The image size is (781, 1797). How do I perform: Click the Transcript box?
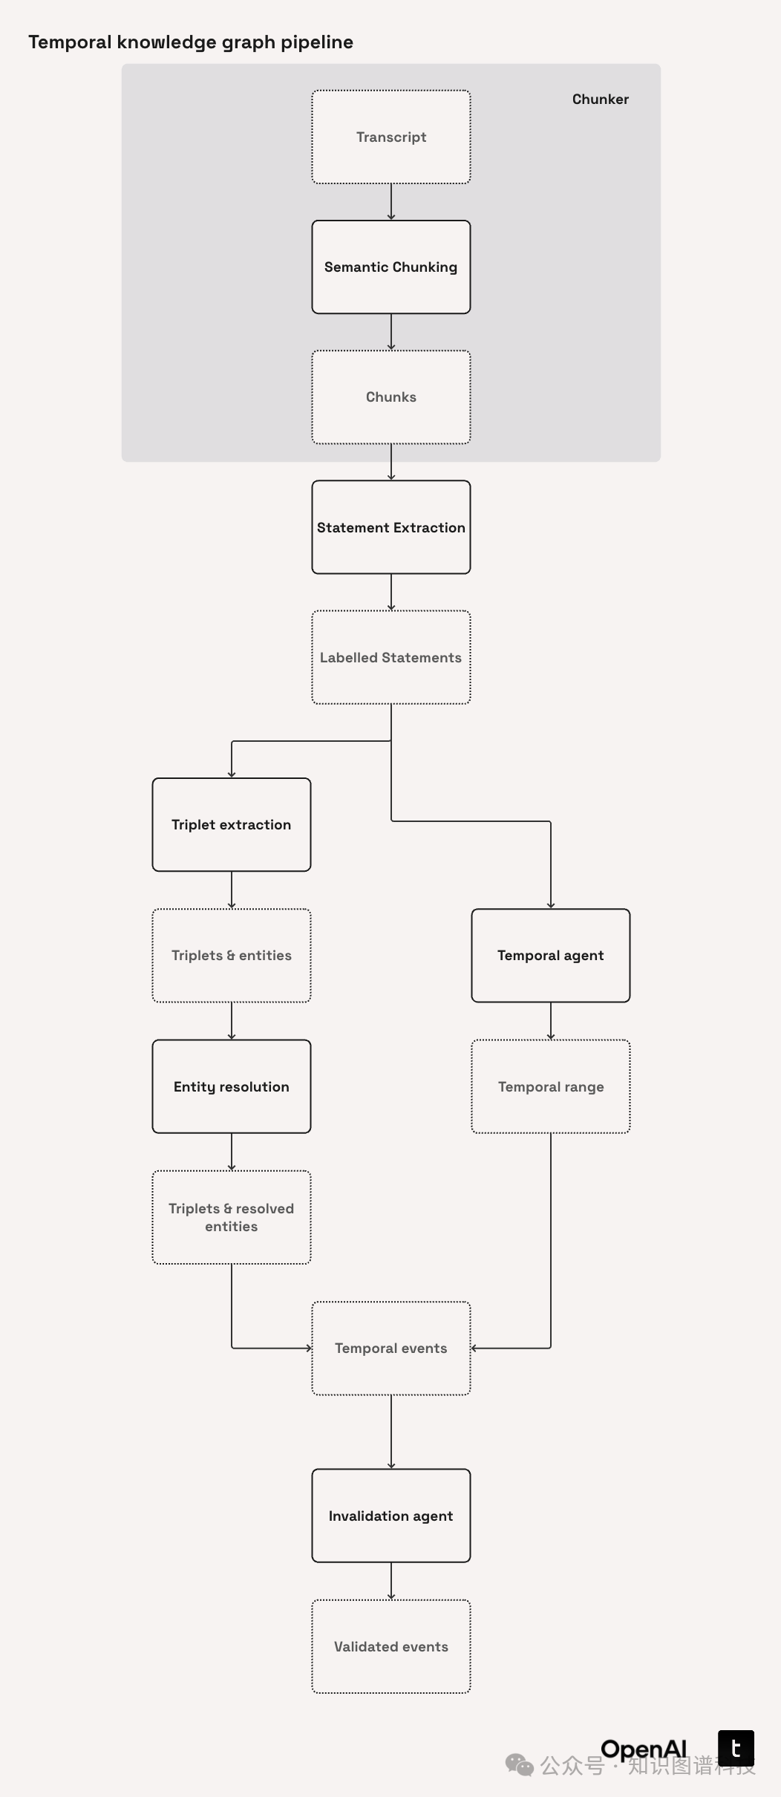tap(391, 137)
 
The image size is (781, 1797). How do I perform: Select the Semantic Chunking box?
tap(391, 267)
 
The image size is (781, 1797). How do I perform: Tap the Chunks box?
tap(391, 397)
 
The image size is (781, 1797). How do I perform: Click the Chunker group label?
tap(600, 100)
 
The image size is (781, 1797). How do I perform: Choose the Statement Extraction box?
tap(391, 527)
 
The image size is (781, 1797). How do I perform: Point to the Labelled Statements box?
tap(391, 657)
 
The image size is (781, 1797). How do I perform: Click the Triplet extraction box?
tap(232, 824)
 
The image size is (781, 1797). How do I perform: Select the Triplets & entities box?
tap(232, 956)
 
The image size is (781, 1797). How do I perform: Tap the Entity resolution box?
tap(232, 1086)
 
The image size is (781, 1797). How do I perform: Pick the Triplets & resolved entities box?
tap(232, 1217)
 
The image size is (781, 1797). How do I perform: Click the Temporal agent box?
tap(551, 956)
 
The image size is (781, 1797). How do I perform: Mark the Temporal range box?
tap(551, 1086)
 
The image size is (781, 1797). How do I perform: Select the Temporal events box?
tap(391, 1348)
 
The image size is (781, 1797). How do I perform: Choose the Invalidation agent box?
tap(391, 1516)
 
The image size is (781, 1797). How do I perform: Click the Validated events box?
tap(391, 1646)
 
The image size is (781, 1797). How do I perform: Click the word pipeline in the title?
tap(317, 42)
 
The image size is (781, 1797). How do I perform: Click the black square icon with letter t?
tap(736, 1748)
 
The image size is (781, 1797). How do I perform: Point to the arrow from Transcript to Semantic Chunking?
tap(391, 202)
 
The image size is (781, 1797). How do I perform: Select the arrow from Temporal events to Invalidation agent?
tap(391, 1432)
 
